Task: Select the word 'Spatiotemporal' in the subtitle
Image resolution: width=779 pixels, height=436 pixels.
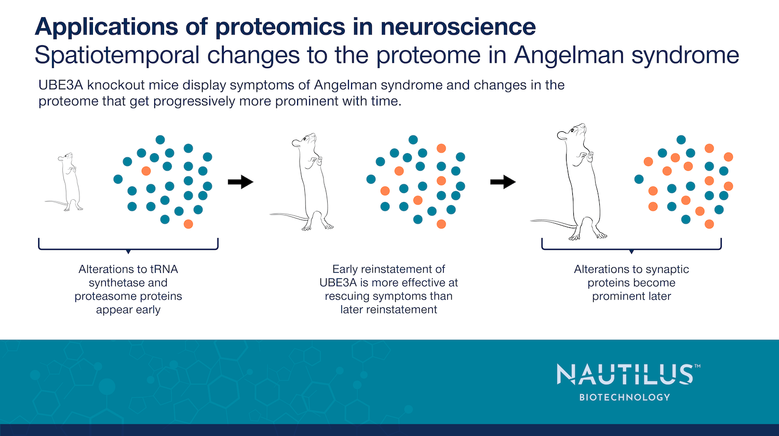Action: [117, 55]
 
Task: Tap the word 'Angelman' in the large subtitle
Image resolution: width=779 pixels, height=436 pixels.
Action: [566, 55]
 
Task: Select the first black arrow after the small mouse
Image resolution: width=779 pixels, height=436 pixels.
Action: [240, 182]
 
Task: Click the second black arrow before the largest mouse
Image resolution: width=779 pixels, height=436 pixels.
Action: [503, 182]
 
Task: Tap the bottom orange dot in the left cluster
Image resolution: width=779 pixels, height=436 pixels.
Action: [189, 224]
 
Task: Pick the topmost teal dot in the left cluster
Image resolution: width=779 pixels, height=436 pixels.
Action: [160, 140]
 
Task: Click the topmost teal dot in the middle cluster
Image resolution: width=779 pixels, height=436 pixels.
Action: [413, 140]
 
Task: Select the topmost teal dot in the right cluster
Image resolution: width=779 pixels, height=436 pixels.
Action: [681, 140]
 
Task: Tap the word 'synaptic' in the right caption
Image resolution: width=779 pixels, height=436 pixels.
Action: [667, 269]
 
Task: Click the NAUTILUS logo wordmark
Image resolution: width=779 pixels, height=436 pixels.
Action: [625, 374]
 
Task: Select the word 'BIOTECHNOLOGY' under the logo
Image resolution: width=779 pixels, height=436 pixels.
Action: [625, 397]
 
